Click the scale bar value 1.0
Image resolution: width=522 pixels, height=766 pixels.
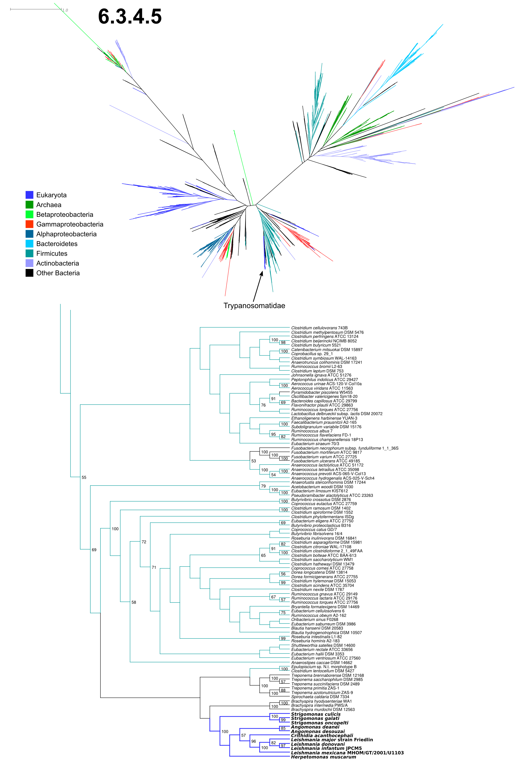coord(65,10)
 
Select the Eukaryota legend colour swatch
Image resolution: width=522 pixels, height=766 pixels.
coord(29,195)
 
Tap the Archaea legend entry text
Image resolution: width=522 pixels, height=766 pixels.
coord(49,205)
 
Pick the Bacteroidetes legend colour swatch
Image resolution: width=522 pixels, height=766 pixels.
coord(29,244)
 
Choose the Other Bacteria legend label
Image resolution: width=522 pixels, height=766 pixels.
coord(58,273)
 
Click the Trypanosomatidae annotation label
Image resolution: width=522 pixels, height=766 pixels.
coord(254,306)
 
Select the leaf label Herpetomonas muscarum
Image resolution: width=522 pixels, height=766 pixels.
coord(323,757)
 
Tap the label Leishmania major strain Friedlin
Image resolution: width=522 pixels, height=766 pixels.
coord(332,740)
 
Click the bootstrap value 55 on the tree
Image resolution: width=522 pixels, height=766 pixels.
coord(84,477)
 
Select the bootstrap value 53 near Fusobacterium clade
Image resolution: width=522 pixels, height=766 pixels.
coord(254,461)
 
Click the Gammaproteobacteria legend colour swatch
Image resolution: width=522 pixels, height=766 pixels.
coord(29,224)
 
